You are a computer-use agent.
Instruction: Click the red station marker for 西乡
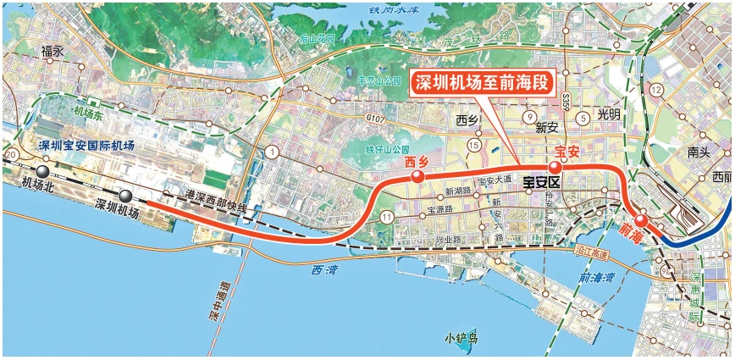[x=417, y=177]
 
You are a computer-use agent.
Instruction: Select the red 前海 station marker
[x=642, y=221]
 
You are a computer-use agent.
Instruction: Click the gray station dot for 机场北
[x=41, y=170]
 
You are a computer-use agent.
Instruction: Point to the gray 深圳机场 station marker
[x=125, y=197]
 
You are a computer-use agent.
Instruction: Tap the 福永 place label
[x=52, y=52]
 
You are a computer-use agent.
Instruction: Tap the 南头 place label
[x=699, y=153]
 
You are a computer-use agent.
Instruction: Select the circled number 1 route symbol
[x=272, y=152]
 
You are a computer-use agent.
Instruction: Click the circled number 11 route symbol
[x=387, y=218]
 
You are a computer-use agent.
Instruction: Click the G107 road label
[x=376, y=120]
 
